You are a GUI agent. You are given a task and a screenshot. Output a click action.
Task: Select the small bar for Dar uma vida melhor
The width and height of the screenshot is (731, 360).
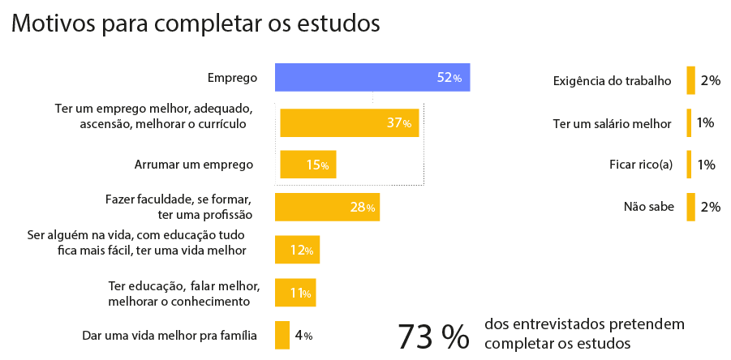[x=282, y=335]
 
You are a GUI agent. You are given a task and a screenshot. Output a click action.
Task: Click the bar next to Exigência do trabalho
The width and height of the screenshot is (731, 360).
[x=690, y=80]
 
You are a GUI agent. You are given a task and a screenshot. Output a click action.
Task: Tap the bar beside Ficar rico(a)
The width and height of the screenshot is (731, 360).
[x=688, y=165]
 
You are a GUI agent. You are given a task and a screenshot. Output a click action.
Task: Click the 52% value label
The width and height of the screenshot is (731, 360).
[x=449, y=79]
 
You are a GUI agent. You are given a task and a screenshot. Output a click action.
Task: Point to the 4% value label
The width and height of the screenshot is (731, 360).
[x=303, y=336]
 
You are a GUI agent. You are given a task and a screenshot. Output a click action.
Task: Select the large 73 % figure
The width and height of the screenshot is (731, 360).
[x=433, y=336]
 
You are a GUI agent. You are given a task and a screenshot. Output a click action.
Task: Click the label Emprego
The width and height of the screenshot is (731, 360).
[x=232, y=79]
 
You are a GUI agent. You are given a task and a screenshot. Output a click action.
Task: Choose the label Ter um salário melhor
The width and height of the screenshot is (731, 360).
[x=612, y=123]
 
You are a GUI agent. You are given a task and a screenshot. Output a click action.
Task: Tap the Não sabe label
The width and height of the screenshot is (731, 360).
[x=649, y=207]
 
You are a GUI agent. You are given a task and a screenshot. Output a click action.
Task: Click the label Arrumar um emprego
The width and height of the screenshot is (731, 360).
[x=194, y=165]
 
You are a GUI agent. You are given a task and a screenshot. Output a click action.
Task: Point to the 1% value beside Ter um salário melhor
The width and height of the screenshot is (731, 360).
[x=705, y=122]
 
